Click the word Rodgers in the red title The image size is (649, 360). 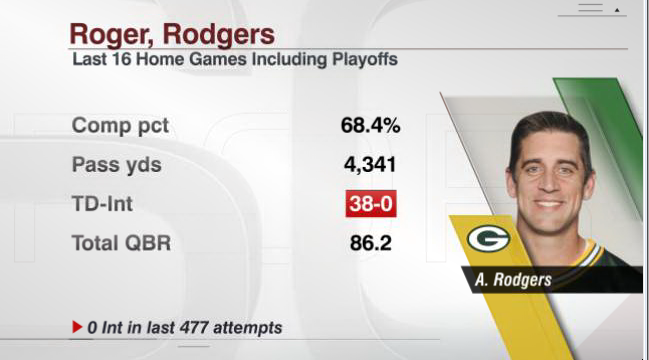pos(219,34)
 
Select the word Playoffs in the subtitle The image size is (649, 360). pos(365,60)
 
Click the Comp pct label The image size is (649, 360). pos(120,125)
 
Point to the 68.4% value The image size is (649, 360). pos(370,125)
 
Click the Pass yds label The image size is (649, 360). pos(117,165)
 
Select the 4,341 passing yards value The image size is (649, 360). pos(370,165)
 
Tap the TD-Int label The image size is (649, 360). pos(102,204)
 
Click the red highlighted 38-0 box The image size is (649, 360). pos(371,204)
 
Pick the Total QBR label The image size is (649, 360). pos(121,243)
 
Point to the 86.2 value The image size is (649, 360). pos(370,243)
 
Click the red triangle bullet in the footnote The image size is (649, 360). pos(77,327)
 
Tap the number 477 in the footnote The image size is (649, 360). pos(194,328)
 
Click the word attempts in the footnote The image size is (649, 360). pos(247,328)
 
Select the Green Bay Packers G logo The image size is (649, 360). pos(488,239)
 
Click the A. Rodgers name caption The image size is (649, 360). pos(513,280)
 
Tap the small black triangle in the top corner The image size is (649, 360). pos(617,10)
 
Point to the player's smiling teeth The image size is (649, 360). pos(549,204)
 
